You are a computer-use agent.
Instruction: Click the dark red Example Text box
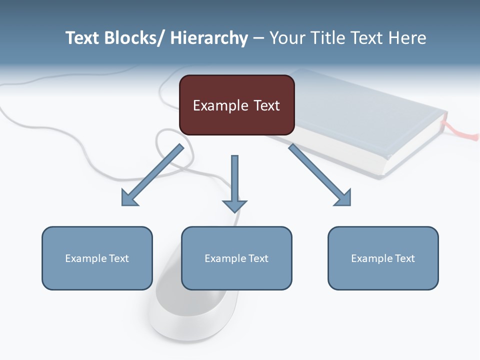[236, 105]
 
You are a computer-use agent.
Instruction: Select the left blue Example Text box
[97, 258]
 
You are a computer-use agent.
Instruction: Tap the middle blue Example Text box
[236, 258]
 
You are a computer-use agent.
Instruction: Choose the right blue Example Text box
[383, 258]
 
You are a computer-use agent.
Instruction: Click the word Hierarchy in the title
[209, 37]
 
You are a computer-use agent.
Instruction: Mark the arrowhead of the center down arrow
[234, 205]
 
